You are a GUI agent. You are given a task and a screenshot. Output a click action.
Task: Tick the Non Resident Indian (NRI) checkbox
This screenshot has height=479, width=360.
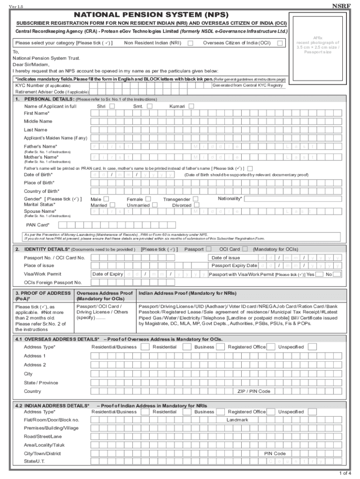[x=191, y=43]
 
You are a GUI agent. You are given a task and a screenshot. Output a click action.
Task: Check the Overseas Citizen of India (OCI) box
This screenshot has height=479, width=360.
[x=280, y=43]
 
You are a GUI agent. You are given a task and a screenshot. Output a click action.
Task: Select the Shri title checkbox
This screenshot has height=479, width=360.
[x=112, y=106]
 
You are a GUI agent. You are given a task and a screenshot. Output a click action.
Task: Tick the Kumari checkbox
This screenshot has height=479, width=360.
[x=191, y=106]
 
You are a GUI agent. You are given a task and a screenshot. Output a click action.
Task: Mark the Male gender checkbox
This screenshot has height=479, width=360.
[x=107, y=199]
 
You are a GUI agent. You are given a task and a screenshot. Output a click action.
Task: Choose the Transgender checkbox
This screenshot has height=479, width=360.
[x=196, y=199]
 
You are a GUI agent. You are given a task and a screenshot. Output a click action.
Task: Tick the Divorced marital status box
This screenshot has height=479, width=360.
[x=196, y=205]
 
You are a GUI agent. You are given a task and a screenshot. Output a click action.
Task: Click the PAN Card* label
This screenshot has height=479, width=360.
[x=37, y=225]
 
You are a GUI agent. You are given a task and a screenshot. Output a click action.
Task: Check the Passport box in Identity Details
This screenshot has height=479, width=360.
[x=209, y=249]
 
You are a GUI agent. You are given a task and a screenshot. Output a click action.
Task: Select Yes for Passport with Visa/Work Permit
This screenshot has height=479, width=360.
[x=319, y=275]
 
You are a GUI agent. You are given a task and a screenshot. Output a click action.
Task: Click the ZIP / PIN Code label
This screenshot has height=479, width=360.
[x=254, y=391]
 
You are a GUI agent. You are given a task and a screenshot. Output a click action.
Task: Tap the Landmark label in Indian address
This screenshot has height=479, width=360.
[x=238, y=420]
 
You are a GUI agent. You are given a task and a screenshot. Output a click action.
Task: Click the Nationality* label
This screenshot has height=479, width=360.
[x=230, y=198]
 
